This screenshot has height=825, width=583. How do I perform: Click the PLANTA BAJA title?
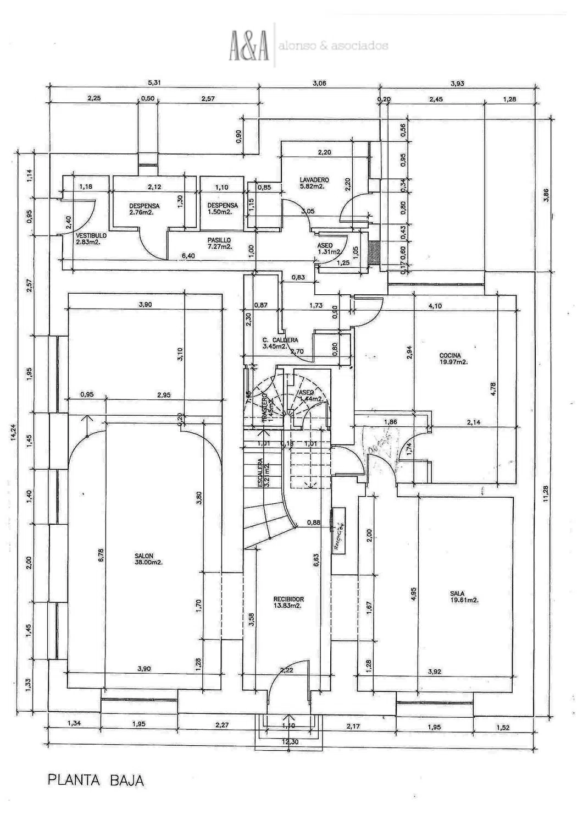[96, 780]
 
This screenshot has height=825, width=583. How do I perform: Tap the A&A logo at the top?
[249, 46]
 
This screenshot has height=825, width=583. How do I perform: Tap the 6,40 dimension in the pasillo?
[188, 256]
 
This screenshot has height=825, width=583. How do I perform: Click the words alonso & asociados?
[334, 46]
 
